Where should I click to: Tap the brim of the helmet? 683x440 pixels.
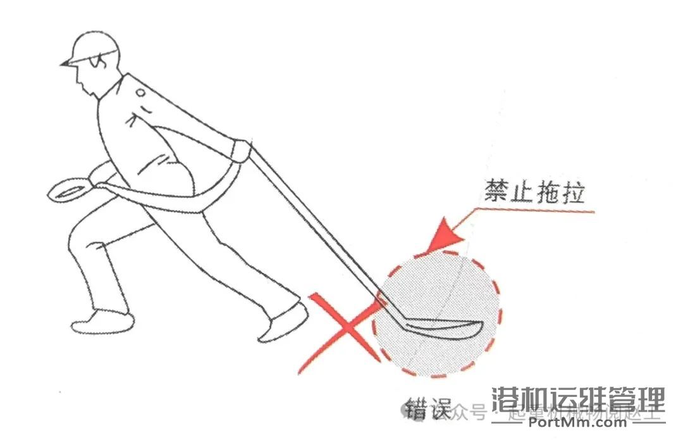pyautogui.click(x=67, y=63)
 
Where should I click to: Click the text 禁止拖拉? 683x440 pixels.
pyautogui.click(x=534, y=191)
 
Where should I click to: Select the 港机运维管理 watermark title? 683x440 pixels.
pyautogui.click(x=578, y=400)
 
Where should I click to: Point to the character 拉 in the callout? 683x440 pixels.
pyautogui.click(x=572, y=191)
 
